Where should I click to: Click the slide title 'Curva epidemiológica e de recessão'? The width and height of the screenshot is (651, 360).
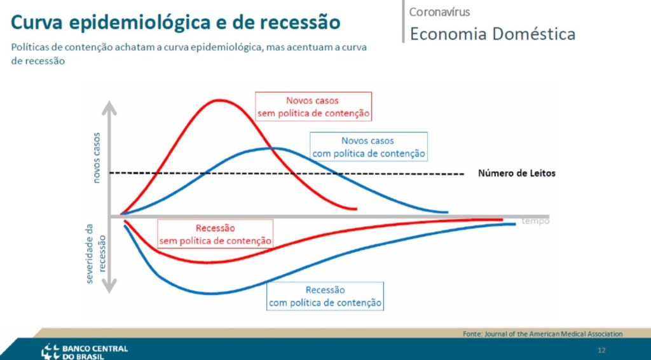click(x=175, y=22)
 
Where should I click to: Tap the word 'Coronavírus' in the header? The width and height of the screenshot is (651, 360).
click(x=440, y=11)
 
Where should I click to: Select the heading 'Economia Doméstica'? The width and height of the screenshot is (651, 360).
click(x=493, y=34)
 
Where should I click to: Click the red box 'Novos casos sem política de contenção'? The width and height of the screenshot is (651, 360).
click(x=313, y=107)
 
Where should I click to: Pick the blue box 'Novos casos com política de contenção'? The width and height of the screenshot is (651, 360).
click(x=369, y=147)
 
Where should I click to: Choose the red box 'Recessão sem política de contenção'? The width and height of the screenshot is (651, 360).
click(x=215, y=234)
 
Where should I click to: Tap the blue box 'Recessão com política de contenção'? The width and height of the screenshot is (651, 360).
click(x=325, y=296)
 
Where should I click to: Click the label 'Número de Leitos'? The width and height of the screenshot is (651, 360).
click(x=516, y=173)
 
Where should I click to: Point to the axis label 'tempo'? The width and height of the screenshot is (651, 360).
click(x=535, y=221)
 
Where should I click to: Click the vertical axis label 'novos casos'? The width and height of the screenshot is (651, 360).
click(x=97, y=158)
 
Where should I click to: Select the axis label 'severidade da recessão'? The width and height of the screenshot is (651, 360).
click(x=96, y=254)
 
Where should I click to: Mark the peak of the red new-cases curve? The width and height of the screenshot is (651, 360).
click(x=219, y=100)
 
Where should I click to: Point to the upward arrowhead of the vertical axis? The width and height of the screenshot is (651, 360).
click(x=109, y=108)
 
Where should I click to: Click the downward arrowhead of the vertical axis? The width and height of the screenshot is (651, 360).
click(x=109, y=286)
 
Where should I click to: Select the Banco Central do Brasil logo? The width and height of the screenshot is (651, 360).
click(x=86, y=350)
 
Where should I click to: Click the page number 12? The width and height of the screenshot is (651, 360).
click(x=601, y=350)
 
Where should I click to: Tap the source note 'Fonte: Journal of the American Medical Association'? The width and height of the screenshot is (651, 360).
click(x=543, y=334)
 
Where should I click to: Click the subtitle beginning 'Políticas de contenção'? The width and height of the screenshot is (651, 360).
click(x=189, y=53)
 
